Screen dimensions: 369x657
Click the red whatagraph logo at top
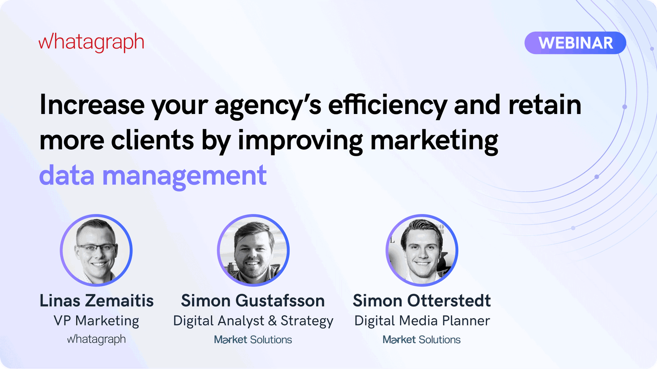click(x=91, y=42)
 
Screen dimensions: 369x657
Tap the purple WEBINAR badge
click(x=575, y=43)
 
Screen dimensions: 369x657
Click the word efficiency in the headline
click(x=387, y=105)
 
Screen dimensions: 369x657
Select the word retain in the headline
click(x=544, y=105)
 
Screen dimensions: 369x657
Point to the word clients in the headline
click(x=152, y=140)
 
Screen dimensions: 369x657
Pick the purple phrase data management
click(x=153, y=175)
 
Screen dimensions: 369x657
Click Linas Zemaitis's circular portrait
click(x=96, y=250)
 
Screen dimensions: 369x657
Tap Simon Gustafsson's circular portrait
click(x=253, y=250)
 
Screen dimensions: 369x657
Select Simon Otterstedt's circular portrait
click(x=422, y=250)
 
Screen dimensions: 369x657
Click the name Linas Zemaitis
click(x=96, y=301)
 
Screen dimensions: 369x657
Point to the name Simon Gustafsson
click(x=253, y=301)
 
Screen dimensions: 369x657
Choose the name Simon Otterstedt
click(x=422, y=301)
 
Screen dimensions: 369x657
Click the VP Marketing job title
click(x=96, y=321)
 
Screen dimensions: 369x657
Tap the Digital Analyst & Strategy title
click(x=253, y=321)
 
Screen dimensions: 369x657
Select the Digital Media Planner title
click(x=422, y=321)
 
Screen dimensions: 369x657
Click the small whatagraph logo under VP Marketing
click(x=96, y=339)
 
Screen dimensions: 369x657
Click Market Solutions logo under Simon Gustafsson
click(x=253, y=339)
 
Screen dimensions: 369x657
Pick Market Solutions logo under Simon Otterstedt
click(x=422, y=339)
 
